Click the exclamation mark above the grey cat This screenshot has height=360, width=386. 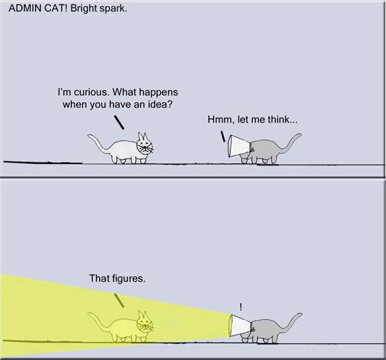coord(240,307)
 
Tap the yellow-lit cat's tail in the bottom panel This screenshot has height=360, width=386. coord(99,322)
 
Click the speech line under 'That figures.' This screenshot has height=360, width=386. coord(119,300)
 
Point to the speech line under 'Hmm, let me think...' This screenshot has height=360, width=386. coord(223,136)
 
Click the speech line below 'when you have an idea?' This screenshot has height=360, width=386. coord(119,122)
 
